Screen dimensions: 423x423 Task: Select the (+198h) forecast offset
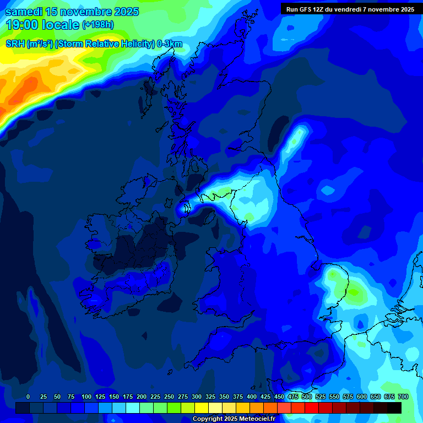click(x=97, y=25)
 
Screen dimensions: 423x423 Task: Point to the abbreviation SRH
click(x=15, y=45)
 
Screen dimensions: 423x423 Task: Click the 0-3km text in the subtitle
click(x=169, y=45)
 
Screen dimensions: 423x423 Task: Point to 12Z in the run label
click(x=321, y=9)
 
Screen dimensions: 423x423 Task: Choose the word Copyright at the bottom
click(x=208, y=419)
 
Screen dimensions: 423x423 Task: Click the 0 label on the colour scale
click(x=28, y=397)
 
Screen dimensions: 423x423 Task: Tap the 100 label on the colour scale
click(x=86, y=397)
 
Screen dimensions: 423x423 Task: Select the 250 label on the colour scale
click(x=169, y=397)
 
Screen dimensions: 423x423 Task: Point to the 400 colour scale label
click(x=252, y=397)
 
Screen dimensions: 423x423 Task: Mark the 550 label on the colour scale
click(x=334, y=397)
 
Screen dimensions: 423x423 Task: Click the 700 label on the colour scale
click(x=403, y=397)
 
